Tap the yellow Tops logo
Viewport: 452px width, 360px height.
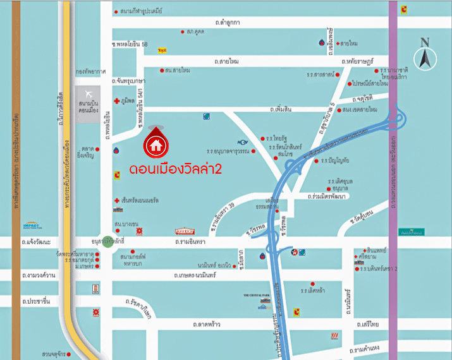162,50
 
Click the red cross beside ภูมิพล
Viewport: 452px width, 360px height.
116,101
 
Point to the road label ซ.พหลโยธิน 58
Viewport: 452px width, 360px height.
130,44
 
